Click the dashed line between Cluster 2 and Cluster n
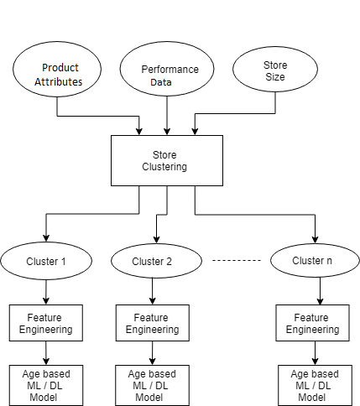(237, 260)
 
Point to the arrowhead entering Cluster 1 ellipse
(46, 238)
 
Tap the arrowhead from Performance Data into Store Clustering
(167, 132)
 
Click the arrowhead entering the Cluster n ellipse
(315, 240)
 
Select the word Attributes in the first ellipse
(59, 82)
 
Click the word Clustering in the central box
(164, 167)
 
